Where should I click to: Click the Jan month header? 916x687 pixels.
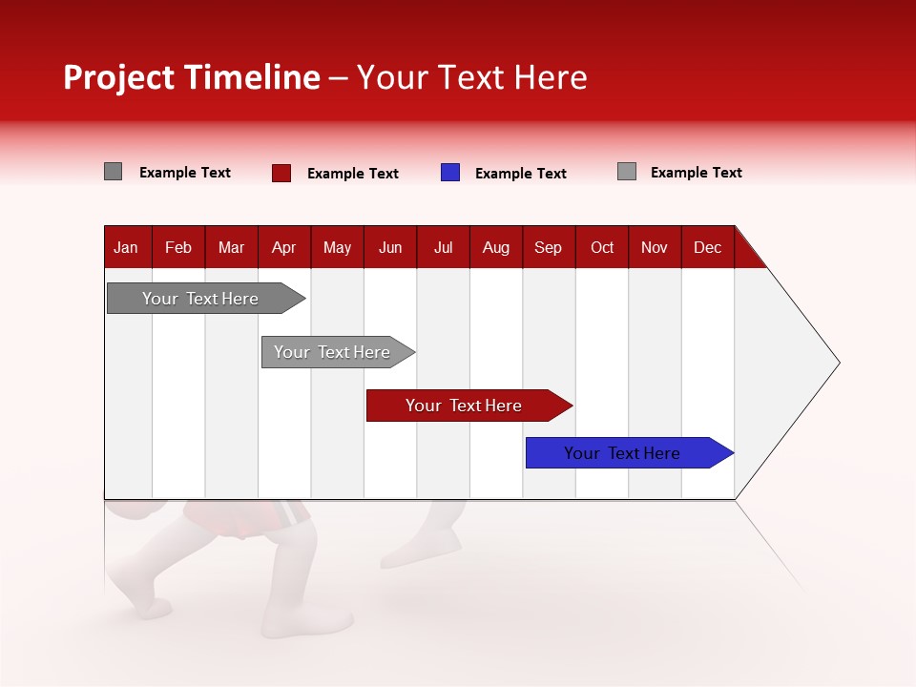coord(126,247)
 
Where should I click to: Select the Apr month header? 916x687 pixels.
coord(283,247)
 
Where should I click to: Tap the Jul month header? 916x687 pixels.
coord(443,247)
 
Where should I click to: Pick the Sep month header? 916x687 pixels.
coord(548,247)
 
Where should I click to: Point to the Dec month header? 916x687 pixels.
coord(707,247)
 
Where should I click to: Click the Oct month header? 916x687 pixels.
coord(601,247)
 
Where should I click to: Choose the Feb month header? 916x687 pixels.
coord(178,247)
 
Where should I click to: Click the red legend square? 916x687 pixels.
coord(281,173)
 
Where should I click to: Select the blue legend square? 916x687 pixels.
coord(450,173)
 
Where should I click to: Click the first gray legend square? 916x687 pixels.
coord(113,172)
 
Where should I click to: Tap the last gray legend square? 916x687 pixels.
coord(627,172)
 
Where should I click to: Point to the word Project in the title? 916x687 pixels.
coord(118,77)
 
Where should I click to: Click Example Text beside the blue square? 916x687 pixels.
coord(520,174)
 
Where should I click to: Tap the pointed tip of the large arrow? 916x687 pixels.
coord(837,363)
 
